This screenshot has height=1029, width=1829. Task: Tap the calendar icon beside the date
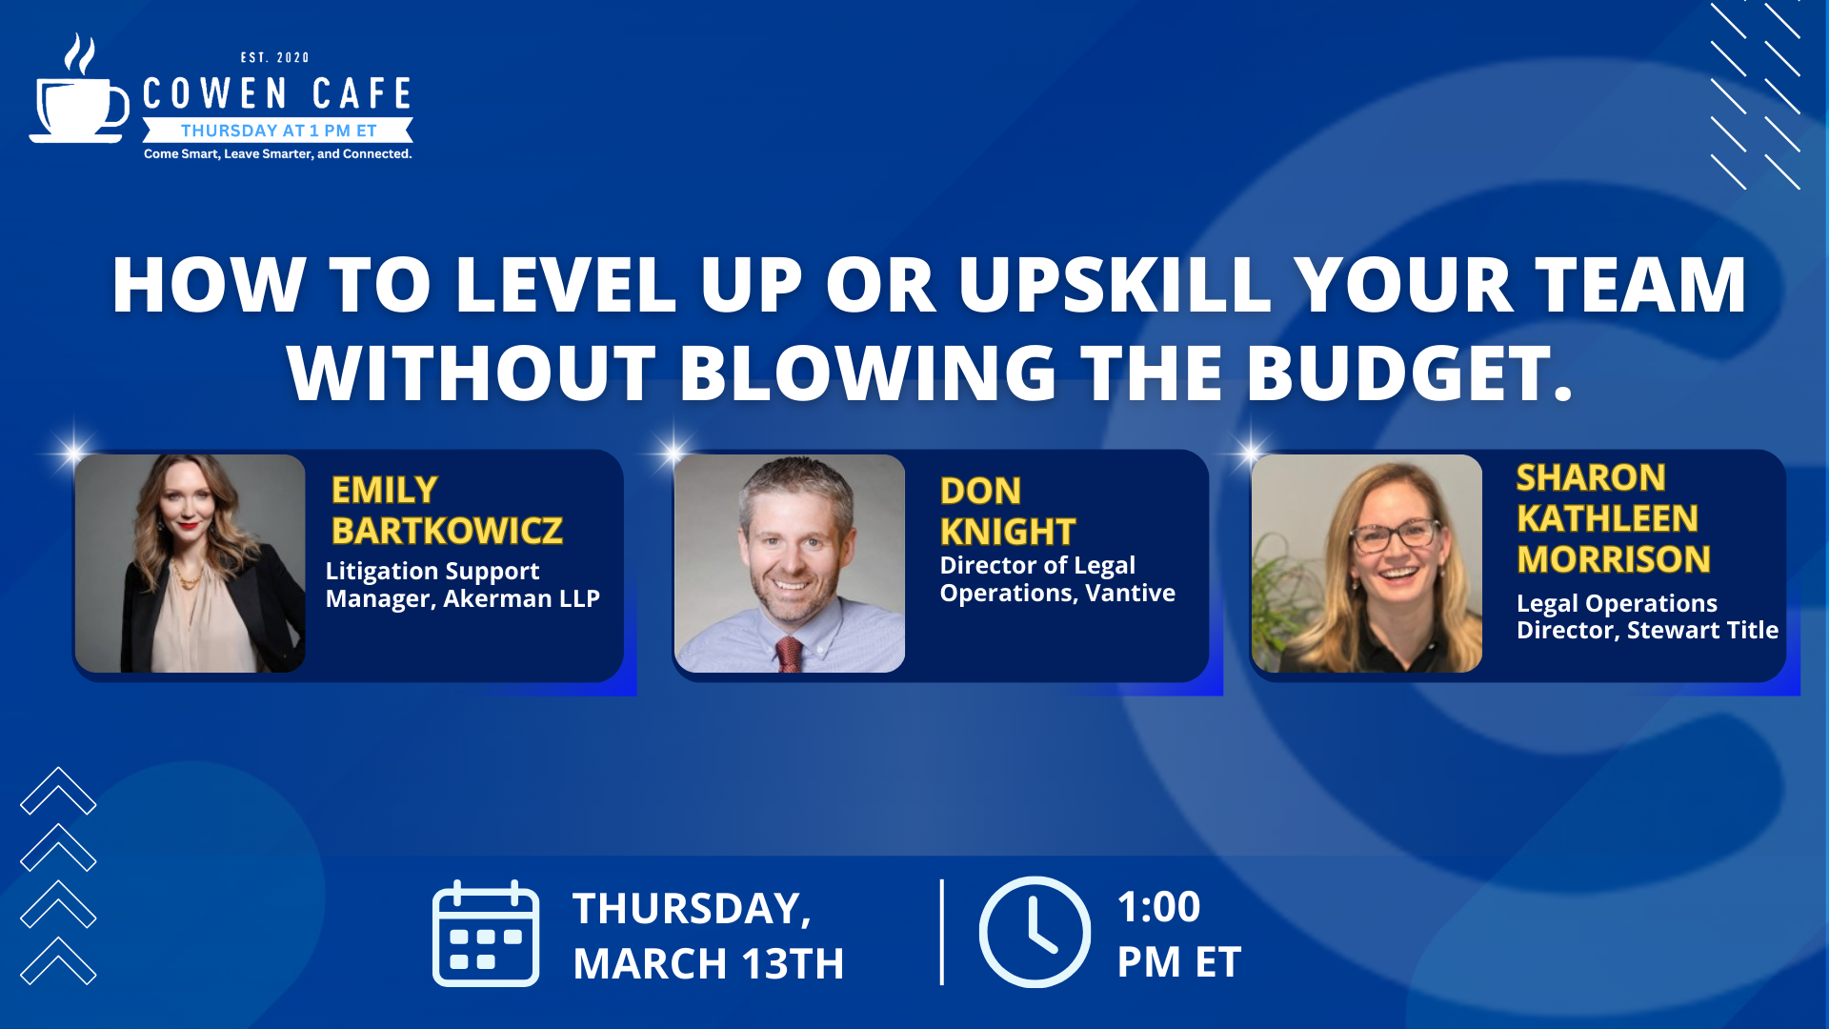pos(486,933)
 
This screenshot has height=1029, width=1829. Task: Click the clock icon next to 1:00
pos(1035,932)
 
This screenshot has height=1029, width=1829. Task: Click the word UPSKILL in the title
pos(1115,285)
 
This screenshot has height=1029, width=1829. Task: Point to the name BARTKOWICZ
pos(447,531)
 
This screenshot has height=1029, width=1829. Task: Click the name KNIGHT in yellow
pos(1008,532)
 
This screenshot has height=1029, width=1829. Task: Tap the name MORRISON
pos(1614,559)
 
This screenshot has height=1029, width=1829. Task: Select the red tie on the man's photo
pos(788,656)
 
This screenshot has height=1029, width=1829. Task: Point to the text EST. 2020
pos(275,58)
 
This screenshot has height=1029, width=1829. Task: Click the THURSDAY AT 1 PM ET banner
pos(278,131)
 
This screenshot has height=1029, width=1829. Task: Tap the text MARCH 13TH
pos(709,963)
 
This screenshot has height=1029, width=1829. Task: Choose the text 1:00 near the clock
pos(1158,907)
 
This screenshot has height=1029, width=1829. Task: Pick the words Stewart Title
pos(1702,630)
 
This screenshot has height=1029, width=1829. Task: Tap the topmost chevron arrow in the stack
pos(58,791)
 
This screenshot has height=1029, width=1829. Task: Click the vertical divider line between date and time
pos(942,932)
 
